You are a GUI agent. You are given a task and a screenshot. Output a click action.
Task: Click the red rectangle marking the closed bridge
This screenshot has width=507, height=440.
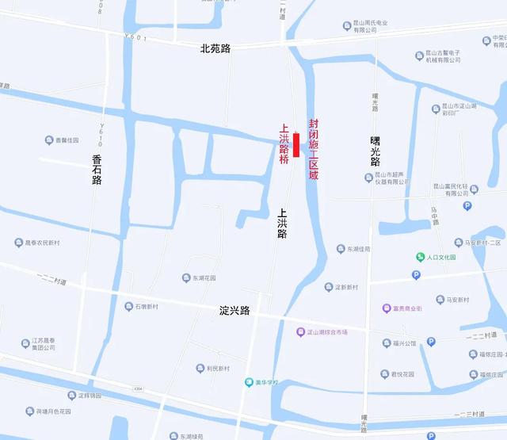click(296, 145)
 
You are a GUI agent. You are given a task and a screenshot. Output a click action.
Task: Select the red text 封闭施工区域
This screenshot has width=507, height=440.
click(314, 150)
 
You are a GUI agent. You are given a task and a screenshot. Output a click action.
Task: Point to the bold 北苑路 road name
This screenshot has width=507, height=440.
click(215, 48)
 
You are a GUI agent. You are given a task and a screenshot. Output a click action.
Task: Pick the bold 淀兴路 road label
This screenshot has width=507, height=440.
click(234, 310)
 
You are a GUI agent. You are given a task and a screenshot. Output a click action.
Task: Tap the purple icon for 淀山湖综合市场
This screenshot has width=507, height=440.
click(300, 331)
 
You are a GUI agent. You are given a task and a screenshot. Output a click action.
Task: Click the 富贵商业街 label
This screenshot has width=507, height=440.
click(408, 308)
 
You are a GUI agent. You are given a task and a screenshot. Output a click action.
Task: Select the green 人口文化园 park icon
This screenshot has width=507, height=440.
click(421, 257)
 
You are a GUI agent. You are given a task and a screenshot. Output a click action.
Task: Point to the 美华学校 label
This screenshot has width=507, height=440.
click(266, 382)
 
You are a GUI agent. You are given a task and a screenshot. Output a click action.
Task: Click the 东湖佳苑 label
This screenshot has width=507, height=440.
click(358, 249)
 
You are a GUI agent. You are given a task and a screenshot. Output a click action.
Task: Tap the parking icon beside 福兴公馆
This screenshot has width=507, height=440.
click(431, 342)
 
